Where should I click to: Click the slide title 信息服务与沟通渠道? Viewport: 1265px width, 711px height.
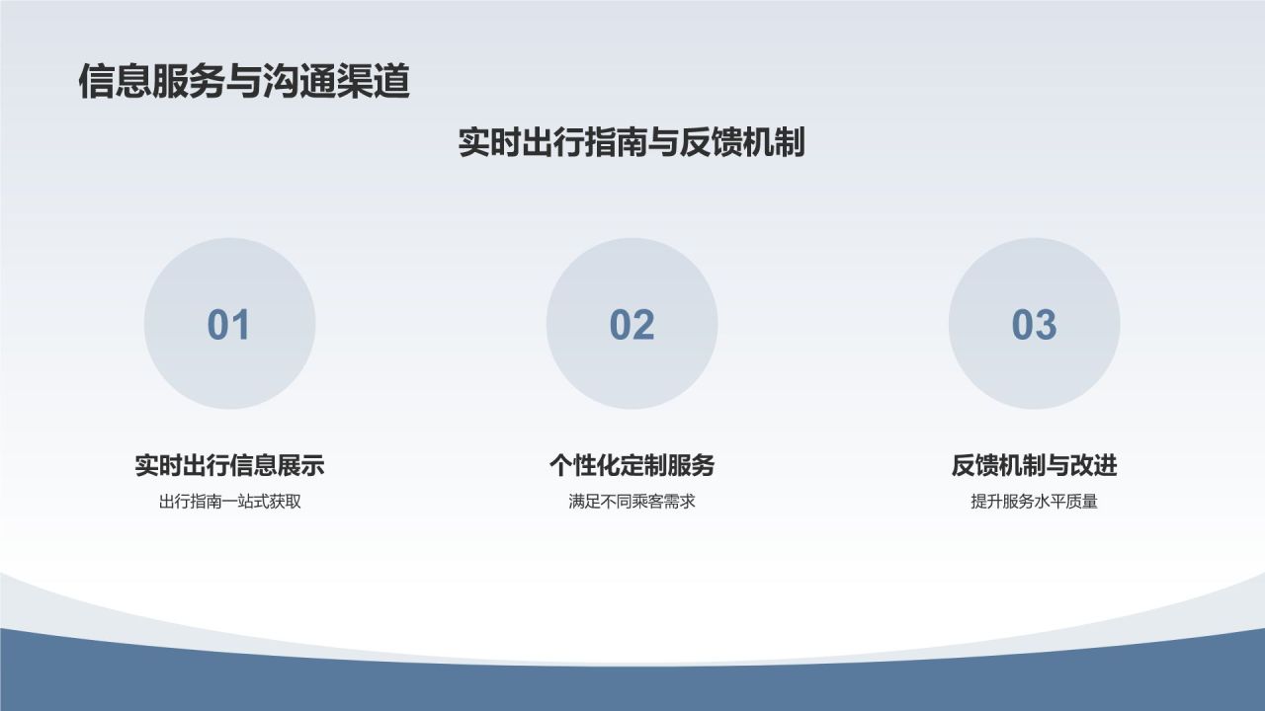(x=244, y=82)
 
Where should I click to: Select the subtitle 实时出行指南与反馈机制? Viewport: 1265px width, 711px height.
(x=632, y=142)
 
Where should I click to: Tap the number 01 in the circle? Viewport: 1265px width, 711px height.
(x=229, y=325)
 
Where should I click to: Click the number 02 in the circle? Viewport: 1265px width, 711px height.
(x=632, y=325)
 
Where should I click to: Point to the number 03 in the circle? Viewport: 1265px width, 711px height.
(x=1034, y=325)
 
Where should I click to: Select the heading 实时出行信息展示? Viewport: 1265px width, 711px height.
(x=229, y=465)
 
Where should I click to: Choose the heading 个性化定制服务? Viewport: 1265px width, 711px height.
(x=632, y=465)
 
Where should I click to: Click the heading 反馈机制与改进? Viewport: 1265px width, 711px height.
(x=1034, y=465)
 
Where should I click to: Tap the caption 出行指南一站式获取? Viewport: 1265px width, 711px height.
(x=229, y=502)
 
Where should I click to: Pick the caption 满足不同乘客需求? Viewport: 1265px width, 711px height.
(x=632, y=502)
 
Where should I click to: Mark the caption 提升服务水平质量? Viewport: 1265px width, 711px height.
(x=1034, y=502)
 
